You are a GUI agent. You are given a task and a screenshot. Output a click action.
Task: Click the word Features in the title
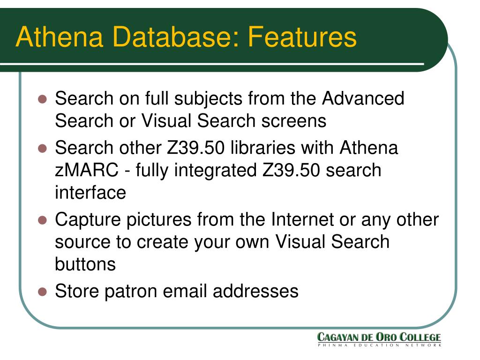(x=302, y=37)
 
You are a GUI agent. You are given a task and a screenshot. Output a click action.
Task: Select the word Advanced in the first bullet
(x=363, y=99)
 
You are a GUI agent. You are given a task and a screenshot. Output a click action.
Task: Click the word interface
(x=90, y=192)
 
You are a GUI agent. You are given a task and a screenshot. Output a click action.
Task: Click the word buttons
(x=85, y=264)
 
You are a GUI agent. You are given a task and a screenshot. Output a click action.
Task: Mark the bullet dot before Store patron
(x=42, y=292)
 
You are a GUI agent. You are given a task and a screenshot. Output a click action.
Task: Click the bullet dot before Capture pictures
(x=42, y=220)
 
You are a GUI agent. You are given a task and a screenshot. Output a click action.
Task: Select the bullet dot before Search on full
(x=42, y=99)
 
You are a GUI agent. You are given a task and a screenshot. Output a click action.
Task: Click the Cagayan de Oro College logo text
(x=379, y=337)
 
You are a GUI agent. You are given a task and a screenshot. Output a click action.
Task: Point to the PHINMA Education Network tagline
(x=379, y=345)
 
